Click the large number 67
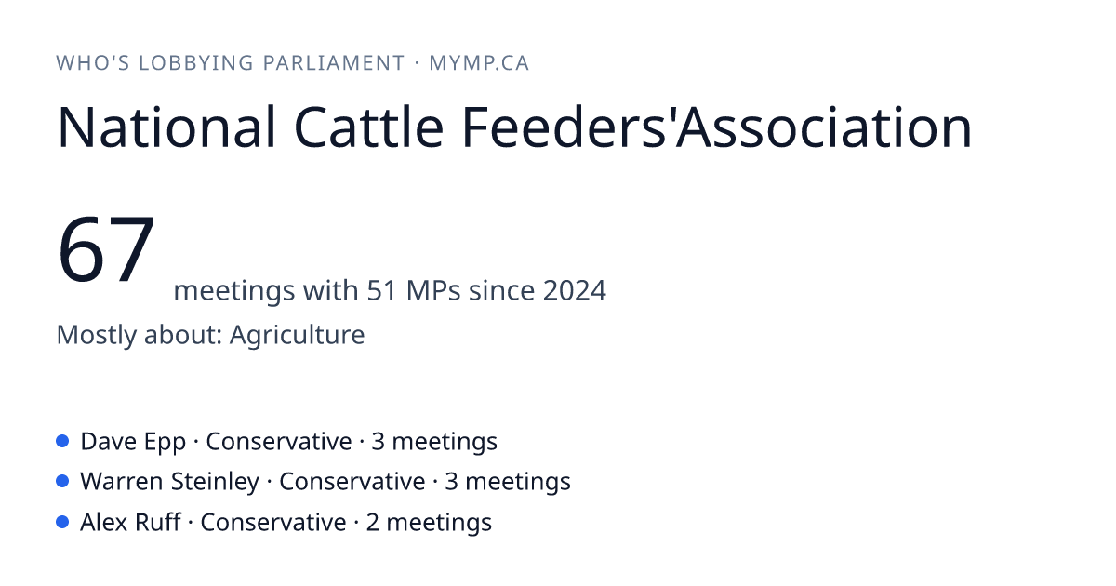pyautogui.click(x=106, y=249)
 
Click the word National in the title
pyautogui.click(x=166, y=127)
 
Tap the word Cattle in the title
pyautogui.click(x=368, y=127)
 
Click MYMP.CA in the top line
pyautogui.click(x=479, y=63)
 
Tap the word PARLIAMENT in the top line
pyautogui.click(x=334, y=63)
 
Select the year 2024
pyautogui.click(x=575, y=290)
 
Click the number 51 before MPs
pyautogui.click(x=382, y=290)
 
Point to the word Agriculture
pyautogui.click(x=297, y=335)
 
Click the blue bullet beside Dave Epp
pyautogui.click(x=62, y=441)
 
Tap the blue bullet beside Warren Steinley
pyautogui.click(x=62, y=482)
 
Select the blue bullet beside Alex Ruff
pyautogui.click(x=62, y=522)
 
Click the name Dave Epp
pyautogui.click(x=133, y=442)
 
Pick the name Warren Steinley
pyautogui.click(x=170, y=482)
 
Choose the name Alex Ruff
pyautogui.click(x=130, y=523)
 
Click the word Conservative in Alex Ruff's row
pyautogui.click(x=273, y=523)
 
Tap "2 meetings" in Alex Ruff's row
pyautogui.click(x=429, y=523)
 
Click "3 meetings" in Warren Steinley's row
pyautogui.click(x=508, y=483)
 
